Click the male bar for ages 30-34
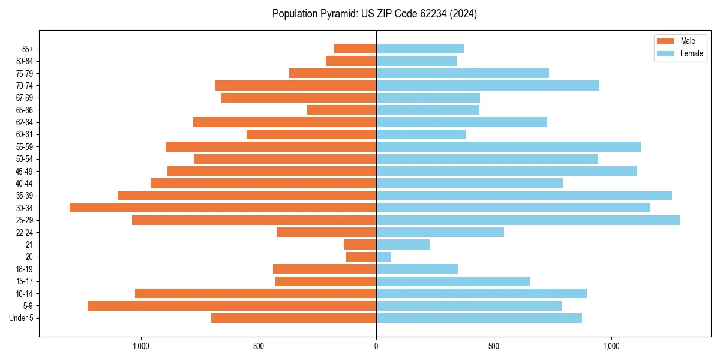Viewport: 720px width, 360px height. (223, 208)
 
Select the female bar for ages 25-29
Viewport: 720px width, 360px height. (528, 220)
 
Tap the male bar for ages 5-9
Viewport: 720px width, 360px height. (232, 306)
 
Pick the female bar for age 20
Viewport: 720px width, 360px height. (384, 257)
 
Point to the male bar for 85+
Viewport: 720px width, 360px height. (355, 49)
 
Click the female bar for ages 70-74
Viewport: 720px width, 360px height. (488, 85)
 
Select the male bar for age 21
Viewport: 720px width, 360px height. (360, 245)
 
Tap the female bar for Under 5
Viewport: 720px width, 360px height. (479, 318)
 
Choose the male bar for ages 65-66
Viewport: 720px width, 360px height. (341, 110)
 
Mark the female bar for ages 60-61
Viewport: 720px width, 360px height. (421, 134)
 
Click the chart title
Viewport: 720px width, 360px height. (374, 14)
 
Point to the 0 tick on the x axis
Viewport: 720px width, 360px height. (376, 346)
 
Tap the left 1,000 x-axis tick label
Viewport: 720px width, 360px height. (140, 346)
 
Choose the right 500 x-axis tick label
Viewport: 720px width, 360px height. (494, 346)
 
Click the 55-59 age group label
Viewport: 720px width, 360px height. (25, 147)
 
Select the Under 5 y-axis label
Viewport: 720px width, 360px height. (21, 318)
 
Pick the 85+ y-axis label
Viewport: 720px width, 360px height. (28, 49)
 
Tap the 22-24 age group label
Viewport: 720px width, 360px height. (25, 233)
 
